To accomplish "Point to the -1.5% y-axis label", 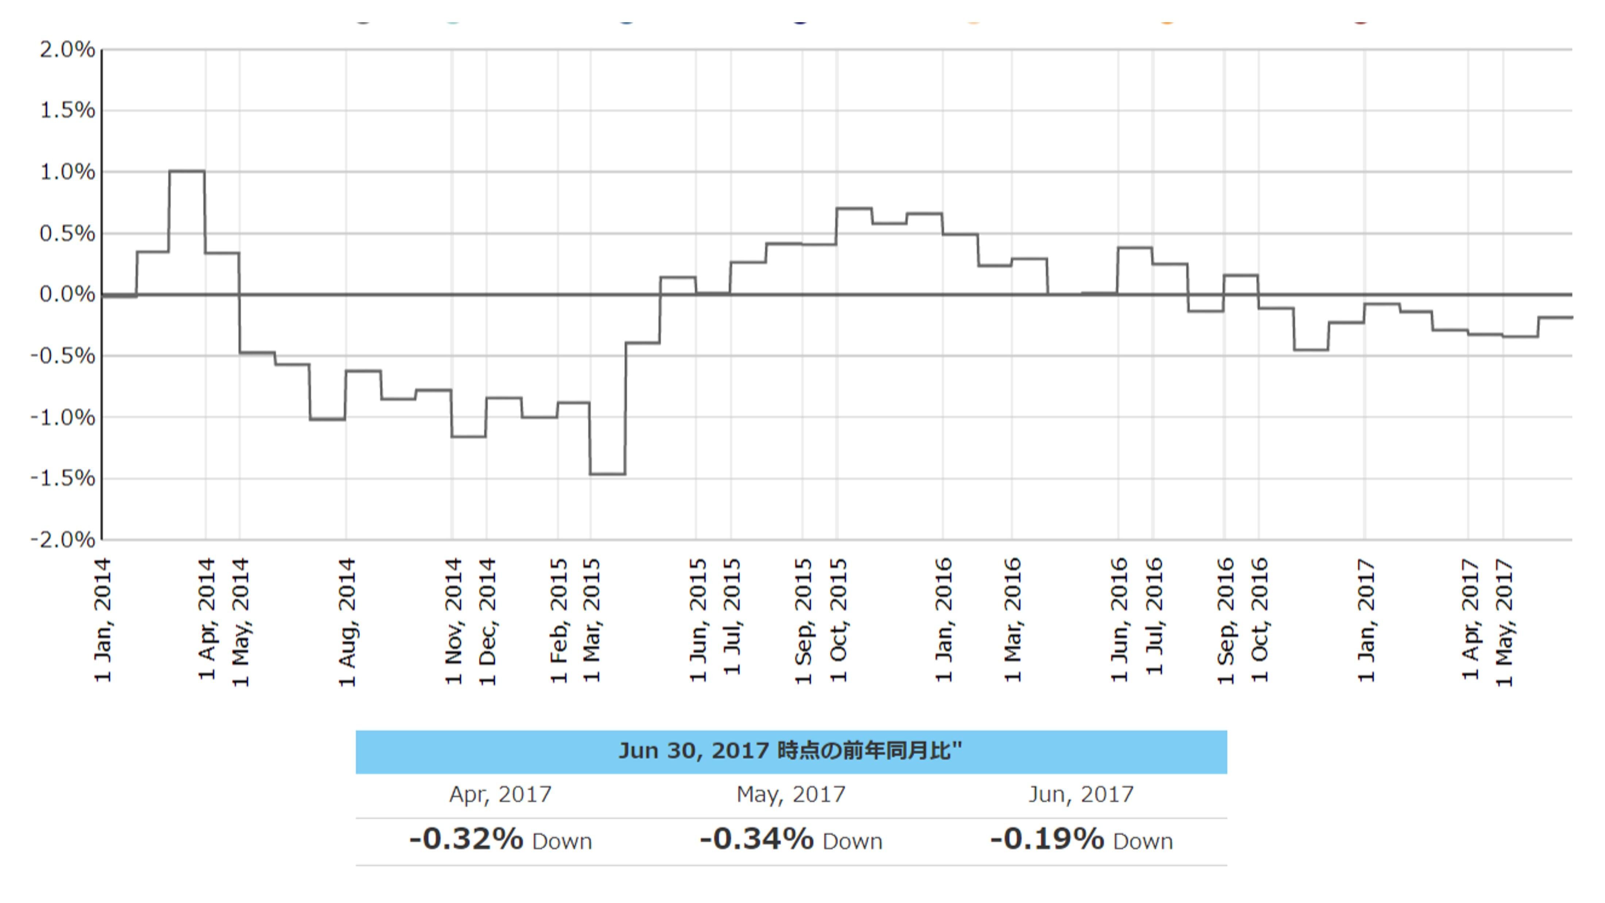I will pos(63,479).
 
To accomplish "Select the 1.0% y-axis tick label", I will pos(67,172).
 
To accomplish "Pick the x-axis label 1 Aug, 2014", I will pos(347,622).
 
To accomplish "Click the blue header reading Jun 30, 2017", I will pos(791,751).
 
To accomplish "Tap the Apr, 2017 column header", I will pos(500,795).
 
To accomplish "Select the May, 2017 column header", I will pos(791,795).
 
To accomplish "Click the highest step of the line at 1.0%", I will pos(187,171).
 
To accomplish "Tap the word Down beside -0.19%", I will pos(1143,842).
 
